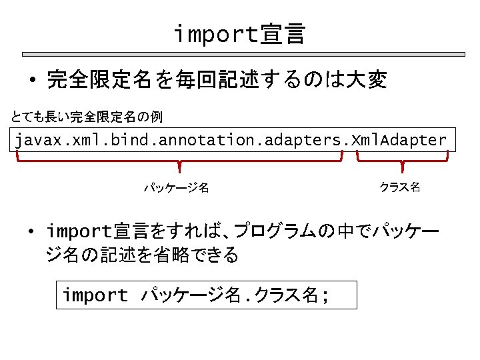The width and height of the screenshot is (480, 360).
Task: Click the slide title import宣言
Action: pos(239,33)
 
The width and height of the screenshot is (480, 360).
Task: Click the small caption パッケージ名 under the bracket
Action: pos(177,188)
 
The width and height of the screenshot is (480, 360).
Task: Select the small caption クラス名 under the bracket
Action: pos(399,187)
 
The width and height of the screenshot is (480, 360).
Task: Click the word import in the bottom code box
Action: pos(95,295)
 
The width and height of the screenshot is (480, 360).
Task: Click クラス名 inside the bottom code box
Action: pos(281,295)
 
